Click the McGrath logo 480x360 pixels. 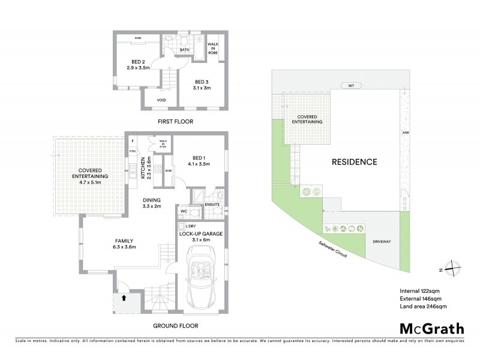430,328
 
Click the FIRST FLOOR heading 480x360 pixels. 175,122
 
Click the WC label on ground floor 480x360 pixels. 185,211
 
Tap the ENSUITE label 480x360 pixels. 212,205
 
